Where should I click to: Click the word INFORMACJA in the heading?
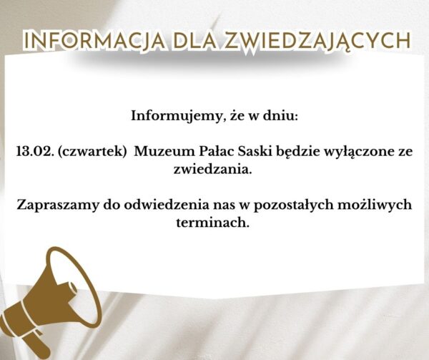[94, 41]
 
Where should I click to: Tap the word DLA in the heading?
[196, 41]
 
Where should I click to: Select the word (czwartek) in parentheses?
[93, 152]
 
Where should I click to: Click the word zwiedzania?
[212, 170]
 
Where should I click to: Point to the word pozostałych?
[293, 205]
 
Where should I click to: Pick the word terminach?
[213, 223]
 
